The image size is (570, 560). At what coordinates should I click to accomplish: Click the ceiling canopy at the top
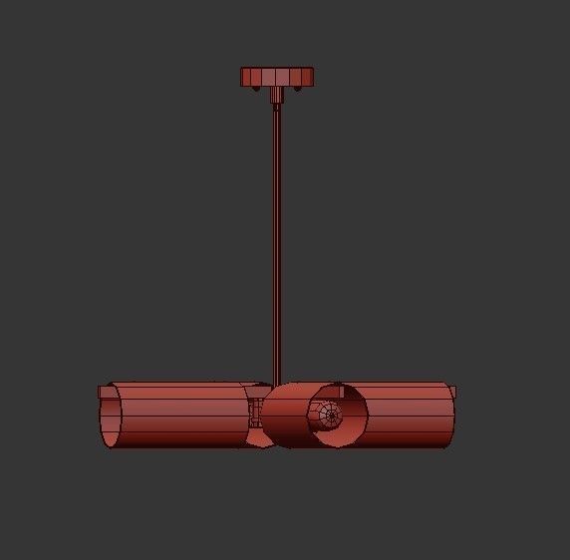coord(277,76)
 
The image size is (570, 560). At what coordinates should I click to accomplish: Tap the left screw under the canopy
coord(257,90)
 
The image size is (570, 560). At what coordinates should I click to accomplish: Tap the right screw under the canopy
coord(296,90)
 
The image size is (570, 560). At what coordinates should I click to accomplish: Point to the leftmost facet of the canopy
coord(244,76)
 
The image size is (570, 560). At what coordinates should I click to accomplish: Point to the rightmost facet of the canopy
coord(310,76)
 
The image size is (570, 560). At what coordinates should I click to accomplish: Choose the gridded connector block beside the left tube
coord(256,411)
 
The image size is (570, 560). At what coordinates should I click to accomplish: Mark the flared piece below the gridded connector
coord(256,435)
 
